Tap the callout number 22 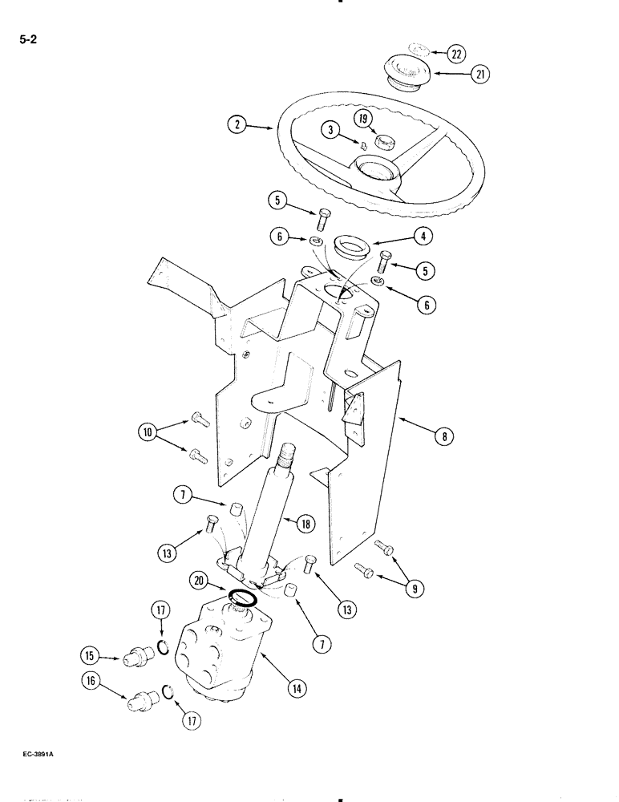tap(455, 54)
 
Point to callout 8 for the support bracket tap(441, 437)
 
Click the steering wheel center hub tap(374, 171)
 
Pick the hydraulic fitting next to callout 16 tap(141, 701)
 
